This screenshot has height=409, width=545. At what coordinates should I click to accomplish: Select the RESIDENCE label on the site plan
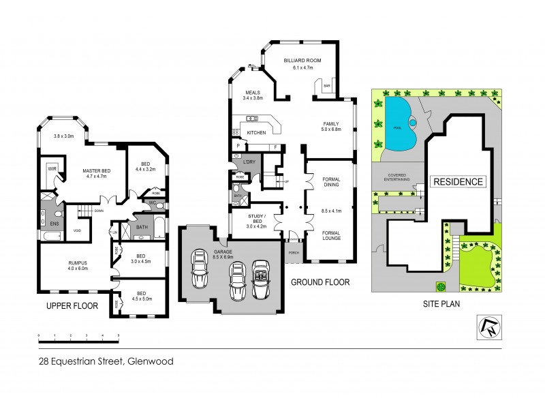(459, 182)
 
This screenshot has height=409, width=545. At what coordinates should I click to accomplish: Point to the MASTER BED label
(97, 170)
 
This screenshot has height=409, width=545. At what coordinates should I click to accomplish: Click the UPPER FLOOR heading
(68, 307)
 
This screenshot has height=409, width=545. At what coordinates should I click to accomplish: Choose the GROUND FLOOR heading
(320, 282)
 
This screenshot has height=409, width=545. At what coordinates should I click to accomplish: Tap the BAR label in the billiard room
(327, 86)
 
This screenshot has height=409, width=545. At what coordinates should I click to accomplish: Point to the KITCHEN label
(255, 132)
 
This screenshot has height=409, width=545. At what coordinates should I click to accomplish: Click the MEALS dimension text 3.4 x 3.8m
(253, 98)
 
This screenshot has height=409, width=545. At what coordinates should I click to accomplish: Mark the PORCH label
(294, 252)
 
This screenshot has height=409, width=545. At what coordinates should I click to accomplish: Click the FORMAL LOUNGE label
(330, 237)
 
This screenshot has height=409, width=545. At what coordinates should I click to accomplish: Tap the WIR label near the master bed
(51, 167)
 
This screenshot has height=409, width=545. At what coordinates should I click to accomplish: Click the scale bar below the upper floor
(78, 336)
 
